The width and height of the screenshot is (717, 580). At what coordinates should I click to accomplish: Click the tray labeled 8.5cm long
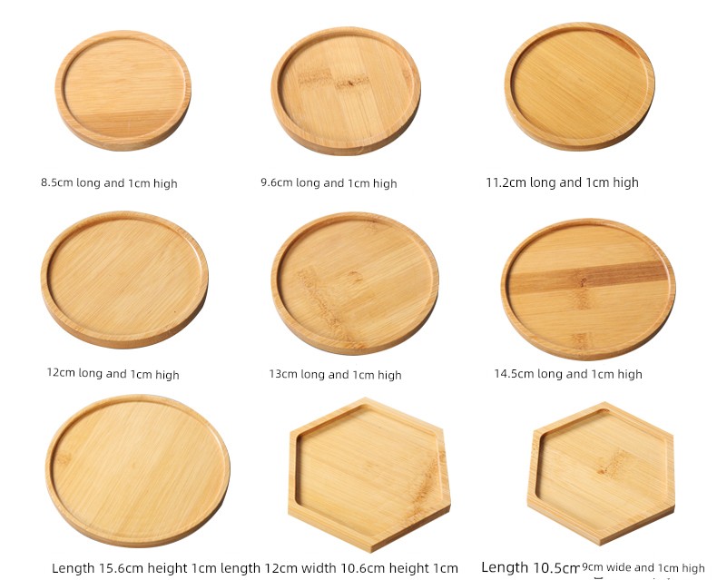coord(123,91)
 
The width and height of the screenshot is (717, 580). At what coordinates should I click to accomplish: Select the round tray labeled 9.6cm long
coord(346,91)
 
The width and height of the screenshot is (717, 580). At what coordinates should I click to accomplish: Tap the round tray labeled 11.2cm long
coord(580,86)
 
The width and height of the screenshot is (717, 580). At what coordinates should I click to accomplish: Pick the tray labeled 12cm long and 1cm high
coord(124,280)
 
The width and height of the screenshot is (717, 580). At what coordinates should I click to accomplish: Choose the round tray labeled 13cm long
coord(355,283)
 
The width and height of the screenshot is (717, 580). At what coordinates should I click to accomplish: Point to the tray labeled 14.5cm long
coord(588,289)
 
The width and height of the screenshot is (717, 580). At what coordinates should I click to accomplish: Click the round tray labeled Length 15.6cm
coord(138,471)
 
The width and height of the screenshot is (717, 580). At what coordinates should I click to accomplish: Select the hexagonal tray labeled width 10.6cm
coord(369,475)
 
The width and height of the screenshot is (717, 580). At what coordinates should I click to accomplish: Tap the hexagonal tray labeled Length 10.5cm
coord(601,474)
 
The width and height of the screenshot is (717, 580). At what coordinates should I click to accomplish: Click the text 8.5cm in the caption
coord(57,182)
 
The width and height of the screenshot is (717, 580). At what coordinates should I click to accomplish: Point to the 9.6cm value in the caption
coord(277,182)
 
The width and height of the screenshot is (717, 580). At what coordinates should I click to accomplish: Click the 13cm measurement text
coord(283,374)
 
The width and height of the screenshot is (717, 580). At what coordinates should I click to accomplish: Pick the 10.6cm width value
coord(363,568)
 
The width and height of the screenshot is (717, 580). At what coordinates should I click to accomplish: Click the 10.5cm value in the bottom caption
coord(555,567)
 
